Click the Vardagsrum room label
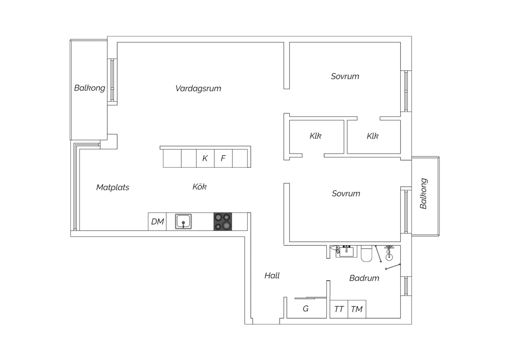pos(198,88)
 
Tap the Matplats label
pos(113,187)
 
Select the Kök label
pos(200,187)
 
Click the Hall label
pos(272,276)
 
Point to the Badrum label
pos(364,278)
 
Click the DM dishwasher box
pos(157,221)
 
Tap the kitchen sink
pos(183,221)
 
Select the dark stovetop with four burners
pos(223,221)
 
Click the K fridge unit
pos(205,158)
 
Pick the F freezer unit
pos(223,158)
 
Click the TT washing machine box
pos(339,309)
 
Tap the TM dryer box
pos(357,309)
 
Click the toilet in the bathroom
pos(366,253)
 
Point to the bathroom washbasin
pos(346,252)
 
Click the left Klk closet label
pos(315,136)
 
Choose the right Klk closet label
pos(373,136)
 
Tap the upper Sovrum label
pos(345,76)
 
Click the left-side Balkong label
pos(90,88)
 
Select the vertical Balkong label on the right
pos(423,194)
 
